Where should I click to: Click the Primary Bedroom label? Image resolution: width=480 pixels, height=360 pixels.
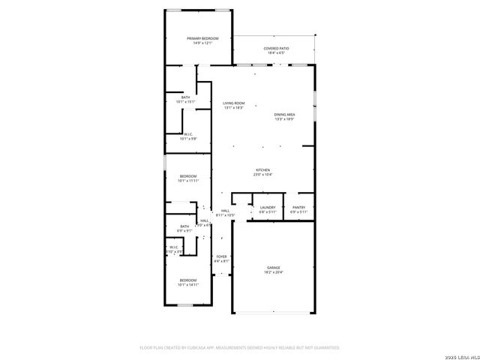click(202, 38)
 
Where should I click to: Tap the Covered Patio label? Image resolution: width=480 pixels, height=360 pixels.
click(276, 49)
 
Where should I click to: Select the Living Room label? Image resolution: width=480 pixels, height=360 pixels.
click(233, 103)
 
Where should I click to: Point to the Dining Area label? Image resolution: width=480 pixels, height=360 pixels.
click(284, 114)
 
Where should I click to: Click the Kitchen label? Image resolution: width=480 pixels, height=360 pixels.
click(262, 170)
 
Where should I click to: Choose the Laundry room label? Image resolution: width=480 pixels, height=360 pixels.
click(268, 208)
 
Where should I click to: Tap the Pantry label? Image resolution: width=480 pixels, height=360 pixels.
click(298, 208)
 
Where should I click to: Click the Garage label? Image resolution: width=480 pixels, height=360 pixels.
click(274, 268)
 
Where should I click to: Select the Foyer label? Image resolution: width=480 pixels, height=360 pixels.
click(221, 256)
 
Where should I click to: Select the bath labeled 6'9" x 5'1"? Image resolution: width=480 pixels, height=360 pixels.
click(184, 228)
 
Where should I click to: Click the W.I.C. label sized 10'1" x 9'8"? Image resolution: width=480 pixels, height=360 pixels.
click(187, 136)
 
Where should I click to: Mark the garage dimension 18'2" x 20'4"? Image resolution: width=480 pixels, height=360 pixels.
click(274, 272)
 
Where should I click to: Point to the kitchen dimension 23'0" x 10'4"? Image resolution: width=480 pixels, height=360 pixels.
click(262, 175)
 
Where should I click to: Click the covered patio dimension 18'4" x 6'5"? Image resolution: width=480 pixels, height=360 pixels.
click(276, 53)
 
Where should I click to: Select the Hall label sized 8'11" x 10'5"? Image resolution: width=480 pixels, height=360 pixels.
click(225, 213)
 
